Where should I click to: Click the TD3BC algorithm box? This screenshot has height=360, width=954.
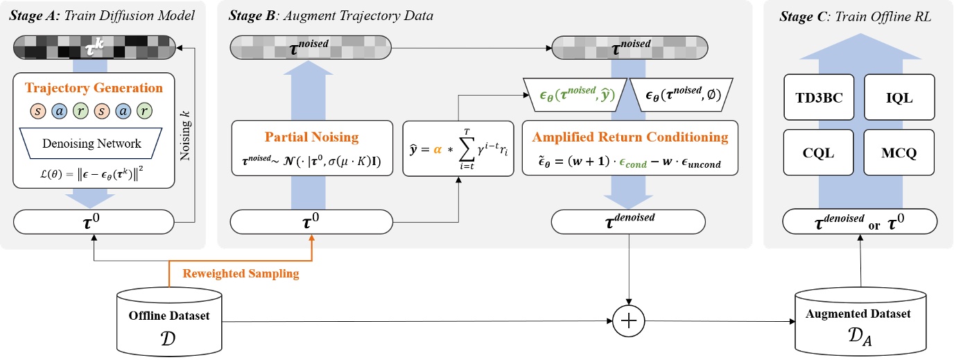(x=819, y=97)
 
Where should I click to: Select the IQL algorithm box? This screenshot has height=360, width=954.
(x=899, y=97)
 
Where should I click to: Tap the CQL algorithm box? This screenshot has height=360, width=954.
(x=818, y=152)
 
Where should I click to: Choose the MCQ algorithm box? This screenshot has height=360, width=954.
(x=899, y=152)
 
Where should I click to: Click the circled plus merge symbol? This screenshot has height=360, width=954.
(x=629, y=320)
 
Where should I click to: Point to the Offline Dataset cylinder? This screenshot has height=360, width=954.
(x=169, y=322)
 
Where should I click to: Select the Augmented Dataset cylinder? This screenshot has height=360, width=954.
(x=860, y=322)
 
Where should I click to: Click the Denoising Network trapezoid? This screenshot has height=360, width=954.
(x=91, y=143)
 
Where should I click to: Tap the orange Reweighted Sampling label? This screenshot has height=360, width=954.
(x=241, y=273)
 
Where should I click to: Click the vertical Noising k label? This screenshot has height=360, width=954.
(x=185, y=136)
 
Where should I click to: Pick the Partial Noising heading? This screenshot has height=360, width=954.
(x=311, y=137)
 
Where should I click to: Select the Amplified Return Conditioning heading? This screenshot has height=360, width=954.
(x=630, y=137)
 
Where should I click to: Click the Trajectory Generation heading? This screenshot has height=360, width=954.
(x=94, y=87)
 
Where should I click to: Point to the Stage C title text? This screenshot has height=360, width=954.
(x=855, y=16)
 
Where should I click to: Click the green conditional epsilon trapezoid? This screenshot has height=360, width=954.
(x=575, y=94)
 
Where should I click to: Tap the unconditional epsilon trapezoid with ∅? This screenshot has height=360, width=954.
(x=682, y=94)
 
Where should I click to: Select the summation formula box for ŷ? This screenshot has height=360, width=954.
(x=458, y=148)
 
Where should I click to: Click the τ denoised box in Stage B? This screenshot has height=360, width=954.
(x=628, y=221)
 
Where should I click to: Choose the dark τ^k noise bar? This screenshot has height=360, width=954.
(x=94, y=47)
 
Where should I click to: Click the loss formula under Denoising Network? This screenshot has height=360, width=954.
(x=92, y=174)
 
